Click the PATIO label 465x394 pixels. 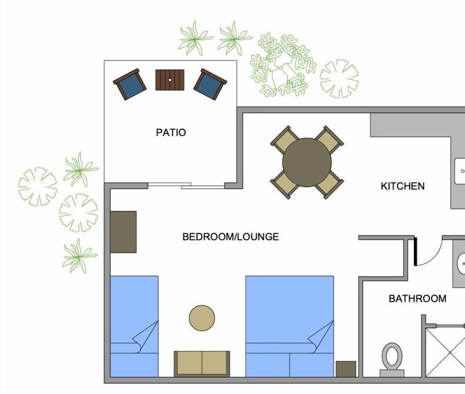point(170,132)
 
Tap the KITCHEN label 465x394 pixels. point(403,186)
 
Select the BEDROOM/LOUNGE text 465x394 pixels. point(231,237)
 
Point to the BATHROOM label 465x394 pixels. point(418,299)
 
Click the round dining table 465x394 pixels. point(307,162)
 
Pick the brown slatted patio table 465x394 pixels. point(170,80)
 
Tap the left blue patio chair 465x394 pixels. point(130,84)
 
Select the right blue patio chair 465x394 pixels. point(210,84)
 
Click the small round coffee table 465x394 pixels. point(201,318)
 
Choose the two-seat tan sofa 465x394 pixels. point(201,363)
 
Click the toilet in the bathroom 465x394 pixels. point(392,359)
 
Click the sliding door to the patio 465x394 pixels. point(186,185)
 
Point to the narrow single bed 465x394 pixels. point(134,326)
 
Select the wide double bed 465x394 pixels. point(289,326)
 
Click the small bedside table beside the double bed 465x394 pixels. point(346,369)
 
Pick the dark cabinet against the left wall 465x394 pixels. point(123,232)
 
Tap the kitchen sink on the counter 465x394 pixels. point(460,171)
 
